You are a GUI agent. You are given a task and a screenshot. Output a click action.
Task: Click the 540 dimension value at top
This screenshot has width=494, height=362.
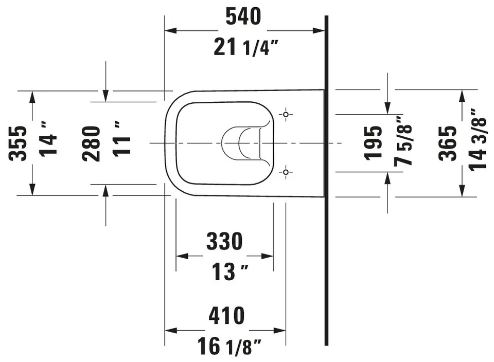[244, 16]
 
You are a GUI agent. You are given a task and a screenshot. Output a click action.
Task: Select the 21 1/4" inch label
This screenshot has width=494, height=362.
[245, 48]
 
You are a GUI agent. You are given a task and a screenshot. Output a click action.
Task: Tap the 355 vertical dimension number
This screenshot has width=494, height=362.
[19, 143]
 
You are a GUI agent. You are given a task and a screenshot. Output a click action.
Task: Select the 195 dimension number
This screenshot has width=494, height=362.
[373, 142]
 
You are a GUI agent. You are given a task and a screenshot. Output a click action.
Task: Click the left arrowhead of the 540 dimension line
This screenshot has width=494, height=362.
[170, 31]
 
